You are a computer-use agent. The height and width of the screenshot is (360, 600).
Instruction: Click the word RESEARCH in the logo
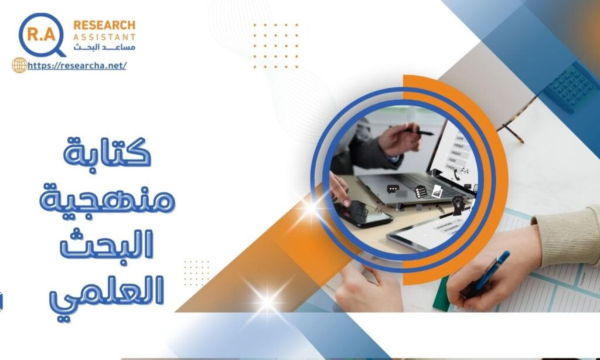(104, 25)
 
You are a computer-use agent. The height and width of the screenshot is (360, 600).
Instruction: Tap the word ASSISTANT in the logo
(104, 37)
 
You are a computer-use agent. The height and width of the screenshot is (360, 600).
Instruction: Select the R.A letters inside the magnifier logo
(42, 35)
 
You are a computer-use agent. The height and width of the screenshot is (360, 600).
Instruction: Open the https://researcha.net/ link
(77, 66)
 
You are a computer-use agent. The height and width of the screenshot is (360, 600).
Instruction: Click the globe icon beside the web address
(19, 65)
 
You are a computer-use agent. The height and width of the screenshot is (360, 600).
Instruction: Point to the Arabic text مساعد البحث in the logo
(104, 47)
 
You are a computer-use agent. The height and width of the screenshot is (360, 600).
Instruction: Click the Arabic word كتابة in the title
(107, 152)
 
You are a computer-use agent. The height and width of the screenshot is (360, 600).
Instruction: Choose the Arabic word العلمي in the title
(107, 293)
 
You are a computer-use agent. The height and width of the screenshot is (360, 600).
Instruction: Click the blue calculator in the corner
(571, 86)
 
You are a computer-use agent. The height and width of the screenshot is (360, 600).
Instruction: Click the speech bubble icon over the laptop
(393, 189)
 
